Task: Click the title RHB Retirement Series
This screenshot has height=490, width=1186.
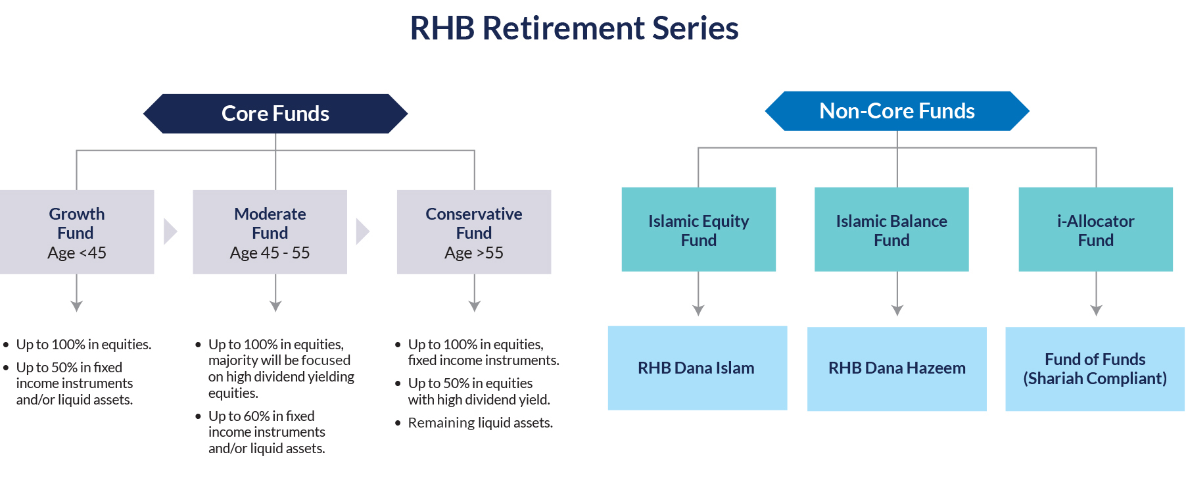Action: pos(574,28)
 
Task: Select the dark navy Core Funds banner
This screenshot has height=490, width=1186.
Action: pos(275,114)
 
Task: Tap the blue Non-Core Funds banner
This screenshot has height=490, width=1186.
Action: pos(897,111)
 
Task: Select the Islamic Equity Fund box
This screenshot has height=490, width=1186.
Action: pos(698,230)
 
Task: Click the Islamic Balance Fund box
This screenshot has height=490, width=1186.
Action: pos(891,230)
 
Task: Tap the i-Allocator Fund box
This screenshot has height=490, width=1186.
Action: pos(1095,230)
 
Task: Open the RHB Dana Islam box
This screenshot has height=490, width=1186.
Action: pos(697,368)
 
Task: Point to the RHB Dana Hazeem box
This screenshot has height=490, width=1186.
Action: pos(897,368)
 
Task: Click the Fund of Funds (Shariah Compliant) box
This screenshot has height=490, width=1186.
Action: pos(1095,369)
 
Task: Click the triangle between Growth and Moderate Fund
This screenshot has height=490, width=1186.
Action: pos(170,232)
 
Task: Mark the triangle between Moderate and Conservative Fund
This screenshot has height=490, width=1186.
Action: pos(362,232)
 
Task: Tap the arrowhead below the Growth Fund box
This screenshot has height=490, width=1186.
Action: pos(77,306)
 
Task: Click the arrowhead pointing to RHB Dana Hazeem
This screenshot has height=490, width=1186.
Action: pos(897,310)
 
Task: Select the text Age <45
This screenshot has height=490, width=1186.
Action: pos(77,253)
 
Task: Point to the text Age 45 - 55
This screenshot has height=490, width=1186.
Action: pos(270,253)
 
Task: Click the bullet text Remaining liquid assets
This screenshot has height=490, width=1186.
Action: pos(480,423)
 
